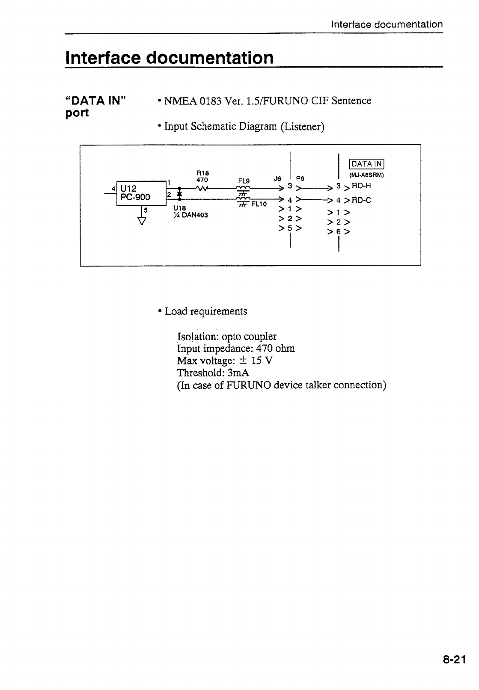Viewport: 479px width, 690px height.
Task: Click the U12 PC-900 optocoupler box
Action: (141, 193)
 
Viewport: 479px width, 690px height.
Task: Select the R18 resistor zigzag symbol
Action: (201, 188)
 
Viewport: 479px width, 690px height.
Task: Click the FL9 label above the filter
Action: (244, 180)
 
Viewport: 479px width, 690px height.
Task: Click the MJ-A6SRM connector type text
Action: (367, 175)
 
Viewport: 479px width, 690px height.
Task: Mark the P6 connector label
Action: (300, 179)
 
